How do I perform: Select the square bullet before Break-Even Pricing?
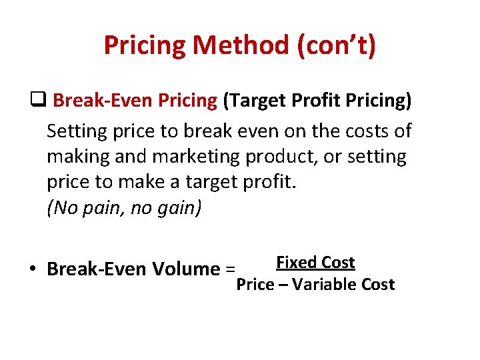click(x=37, y=101)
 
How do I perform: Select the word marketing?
click(x=196, y=157)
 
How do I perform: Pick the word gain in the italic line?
click(x=175, y=209)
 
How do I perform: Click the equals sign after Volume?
click(x=230, y=269)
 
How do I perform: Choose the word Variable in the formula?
click(x=324, y=285)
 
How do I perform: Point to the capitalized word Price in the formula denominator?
click(x=256, y=285)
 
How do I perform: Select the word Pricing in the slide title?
click(x=145, y=45)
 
